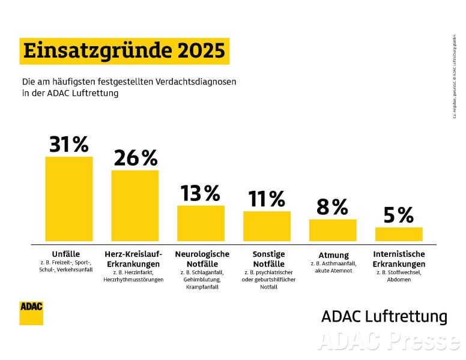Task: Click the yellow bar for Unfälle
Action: [69, 199]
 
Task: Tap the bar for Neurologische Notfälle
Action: [201, 223]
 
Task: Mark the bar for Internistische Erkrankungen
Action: [399, 234]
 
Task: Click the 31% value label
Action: [68, 145]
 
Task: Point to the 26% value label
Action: [135, 158]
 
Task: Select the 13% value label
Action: [201, 193]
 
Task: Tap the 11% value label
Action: [267, 199]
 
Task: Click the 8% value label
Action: [332, 207]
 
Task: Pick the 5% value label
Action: [399, 215]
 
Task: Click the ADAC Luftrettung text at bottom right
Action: [384, 316]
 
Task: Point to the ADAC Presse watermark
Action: [387, 341]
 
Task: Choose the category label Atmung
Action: [333, 254]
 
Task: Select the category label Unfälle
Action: [66, 254]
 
